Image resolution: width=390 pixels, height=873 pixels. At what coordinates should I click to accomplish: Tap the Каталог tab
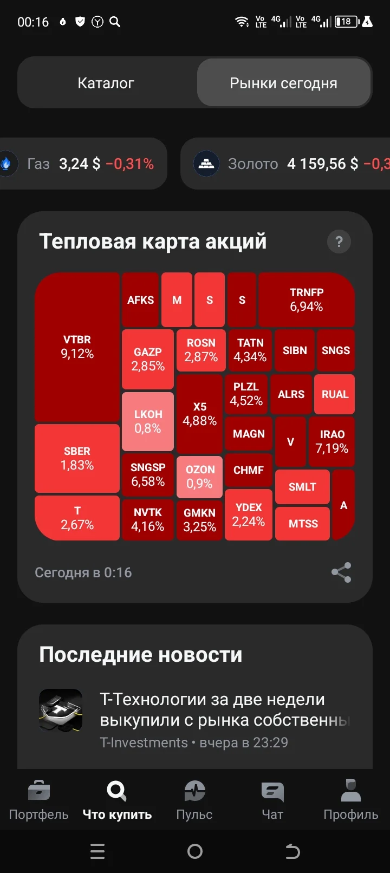[x=106, y=83]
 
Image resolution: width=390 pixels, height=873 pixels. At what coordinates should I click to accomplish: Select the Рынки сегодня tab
[x=283, y=83]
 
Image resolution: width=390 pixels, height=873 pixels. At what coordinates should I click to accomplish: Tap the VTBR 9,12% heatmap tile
[x=77, y=347]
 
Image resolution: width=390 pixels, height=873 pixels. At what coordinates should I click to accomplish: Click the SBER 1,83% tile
[x=77, y=458]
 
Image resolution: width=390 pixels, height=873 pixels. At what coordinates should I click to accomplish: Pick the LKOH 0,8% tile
[x=148, y=421]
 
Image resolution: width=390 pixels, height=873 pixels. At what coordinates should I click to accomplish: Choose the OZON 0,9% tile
[x=200, y=477]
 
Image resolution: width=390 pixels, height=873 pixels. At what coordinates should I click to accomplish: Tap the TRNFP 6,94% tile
[x=307, y=299]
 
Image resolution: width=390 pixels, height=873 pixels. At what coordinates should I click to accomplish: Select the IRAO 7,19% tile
[x=332, y=441]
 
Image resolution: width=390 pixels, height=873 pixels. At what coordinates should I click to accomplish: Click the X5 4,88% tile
[x=200, y=414]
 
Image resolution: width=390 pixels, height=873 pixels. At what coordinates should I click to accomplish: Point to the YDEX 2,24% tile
[x=249, y=514]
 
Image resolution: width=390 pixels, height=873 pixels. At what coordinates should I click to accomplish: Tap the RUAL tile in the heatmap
[x=335, y=394]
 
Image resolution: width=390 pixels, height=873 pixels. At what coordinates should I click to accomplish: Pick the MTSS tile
[x=303, y=523]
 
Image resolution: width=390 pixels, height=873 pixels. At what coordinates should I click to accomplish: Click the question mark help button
[x=339, y=242]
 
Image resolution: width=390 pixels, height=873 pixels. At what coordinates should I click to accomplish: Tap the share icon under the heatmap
[x=341, y=572]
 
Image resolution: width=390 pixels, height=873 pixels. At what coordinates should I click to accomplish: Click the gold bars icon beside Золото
[x=206, y=164]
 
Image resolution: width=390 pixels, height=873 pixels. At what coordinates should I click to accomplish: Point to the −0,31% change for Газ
[x=129, y=164]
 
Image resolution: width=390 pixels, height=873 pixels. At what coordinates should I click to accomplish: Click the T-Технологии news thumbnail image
[x=61, y=710]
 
